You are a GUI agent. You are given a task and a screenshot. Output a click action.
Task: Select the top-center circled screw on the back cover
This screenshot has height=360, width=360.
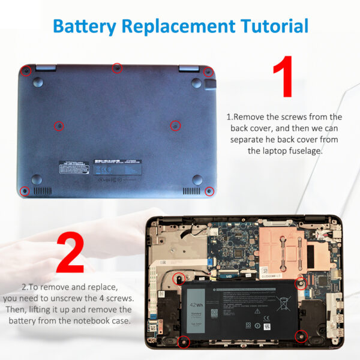(117, 69)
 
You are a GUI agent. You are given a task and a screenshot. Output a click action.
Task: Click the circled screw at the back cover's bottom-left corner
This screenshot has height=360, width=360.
(25, 191)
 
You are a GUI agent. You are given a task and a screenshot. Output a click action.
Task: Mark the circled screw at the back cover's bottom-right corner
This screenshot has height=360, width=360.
(209, 191)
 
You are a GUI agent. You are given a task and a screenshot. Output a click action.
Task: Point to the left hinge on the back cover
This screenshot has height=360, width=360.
(45, 67)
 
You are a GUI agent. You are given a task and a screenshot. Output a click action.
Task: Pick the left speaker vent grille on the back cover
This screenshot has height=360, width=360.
(43, 191)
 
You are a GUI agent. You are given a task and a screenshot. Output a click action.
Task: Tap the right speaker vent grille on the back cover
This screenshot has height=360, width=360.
(191, 191)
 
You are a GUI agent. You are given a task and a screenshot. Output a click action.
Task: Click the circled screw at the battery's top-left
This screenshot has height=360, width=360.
(178, 278)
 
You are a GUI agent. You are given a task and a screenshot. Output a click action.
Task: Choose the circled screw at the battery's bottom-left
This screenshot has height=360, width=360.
(184, 342)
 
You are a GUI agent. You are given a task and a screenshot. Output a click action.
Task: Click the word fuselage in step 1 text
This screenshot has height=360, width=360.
(299, 151)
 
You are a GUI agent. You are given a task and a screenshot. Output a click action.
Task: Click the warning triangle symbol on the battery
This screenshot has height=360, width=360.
(257, 311)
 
